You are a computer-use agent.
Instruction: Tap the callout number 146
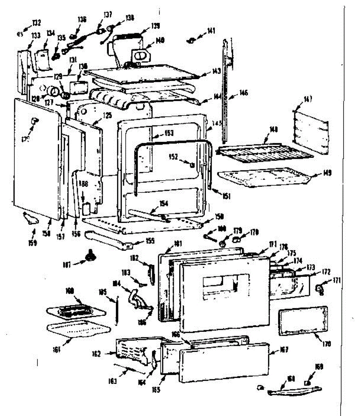pyautogui.click(x=243, y=93)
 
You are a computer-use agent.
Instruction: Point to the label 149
pyautogui.click(x=326, y=172)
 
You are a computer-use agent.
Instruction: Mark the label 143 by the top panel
pyautogui.click(x=216, y=71)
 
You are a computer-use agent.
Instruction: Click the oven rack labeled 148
pyautogui.click(x=260, y=153)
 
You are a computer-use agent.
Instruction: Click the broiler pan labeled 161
pyautogui.click(x=78, y=329)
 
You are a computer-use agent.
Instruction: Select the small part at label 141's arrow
pyautogui.click(x=190, y=41)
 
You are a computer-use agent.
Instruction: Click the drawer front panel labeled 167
pyautogui.click(x=224, y=362)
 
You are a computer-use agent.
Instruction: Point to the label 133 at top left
pyautogui.click(x=36, y=35)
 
